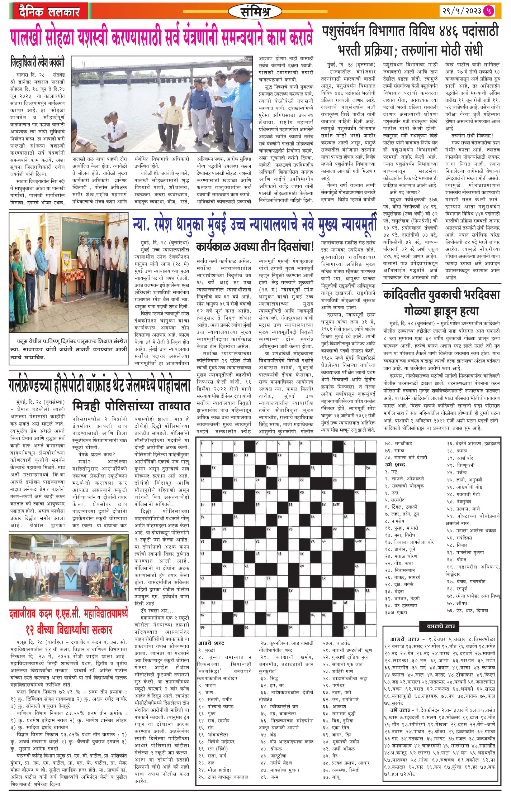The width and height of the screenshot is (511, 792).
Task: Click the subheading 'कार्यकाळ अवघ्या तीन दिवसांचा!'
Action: coord(255,247)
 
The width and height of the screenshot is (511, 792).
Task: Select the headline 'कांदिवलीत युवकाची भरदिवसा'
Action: coord(441,295)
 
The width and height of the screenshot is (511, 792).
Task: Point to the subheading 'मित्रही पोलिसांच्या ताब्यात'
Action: coord(131,406)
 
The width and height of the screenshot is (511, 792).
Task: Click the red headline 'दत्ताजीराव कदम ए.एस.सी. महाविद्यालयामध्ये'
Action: coord(68,614)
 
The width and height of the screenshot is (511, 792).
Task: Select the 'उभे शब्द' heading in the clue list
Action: coord(394,465)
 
